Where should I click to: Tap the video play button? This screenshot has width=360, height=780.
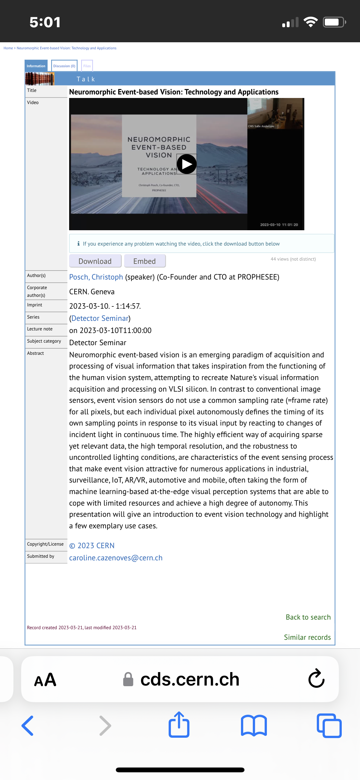(187, 164)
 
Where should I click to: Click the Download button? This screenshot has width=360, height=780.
(95, 261)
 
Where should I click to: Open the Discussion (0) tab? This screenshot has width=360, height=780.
(64, 66)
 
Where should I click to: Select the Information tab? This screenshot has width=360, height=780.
(36, 66)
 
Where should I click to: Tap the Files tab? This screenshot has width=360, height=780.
(87, 66)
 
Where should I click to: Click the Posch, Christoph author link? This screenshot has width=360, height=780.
(96, 277)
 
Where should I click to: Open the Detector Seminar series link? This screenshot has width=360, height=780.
(100, 318)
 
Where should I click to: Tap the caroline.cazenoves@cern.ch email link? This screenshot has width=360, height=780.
(116, 558)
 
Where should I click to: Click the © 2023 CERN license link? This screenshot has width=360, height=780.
(92, 546)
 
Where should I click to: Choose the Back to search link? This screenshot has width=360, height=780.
(308, 617)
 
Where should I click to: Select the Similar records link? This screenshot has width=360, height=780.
(307, 637)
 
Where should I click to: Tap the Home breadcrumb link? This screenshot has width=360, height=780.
(8, 48)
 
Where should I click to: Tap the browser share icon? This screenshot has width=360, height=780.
(179, 725)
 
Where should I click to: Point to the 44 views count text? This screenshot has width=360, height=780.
(293, 259)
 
